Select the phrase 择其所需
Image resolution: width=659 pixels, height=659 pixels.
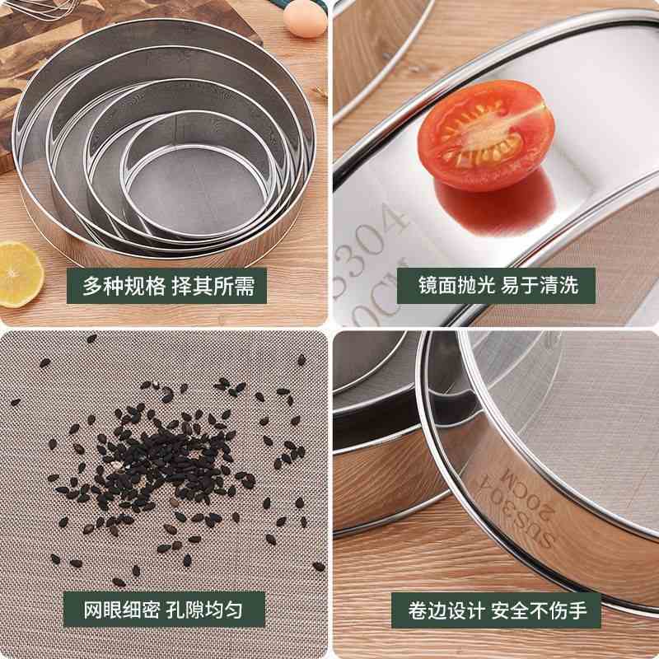213,286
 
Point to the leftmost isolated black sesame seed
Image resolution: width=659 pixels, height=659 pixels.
15,402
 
